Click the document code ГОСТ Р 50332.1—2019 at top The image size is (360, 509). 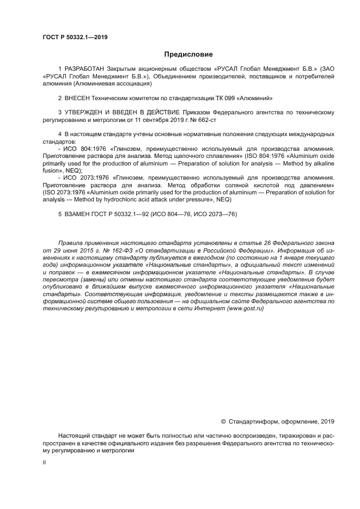tap(75, 37)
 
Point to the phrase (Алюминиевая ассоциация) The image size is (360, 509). tap(115, 84)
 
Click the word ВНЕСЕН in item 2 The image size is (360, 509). tap(78, 98)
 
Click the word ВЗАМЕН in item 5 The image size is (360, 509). tap(78, 214)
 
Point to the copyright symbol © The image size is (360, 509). tap(223, 421)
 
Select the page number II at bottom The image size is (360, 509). tap(44, 462)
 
